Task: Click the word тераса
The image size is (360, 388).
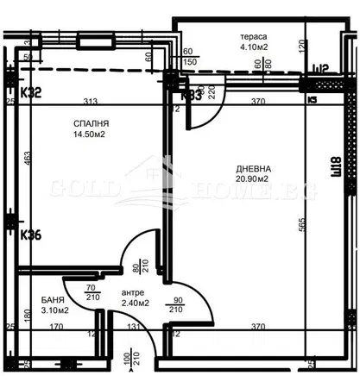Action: (x=252, y=37)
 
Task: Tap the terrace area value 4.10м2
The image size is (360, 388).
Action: (x=254, y=50)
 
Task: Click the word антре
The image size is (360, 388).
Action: (x=109, y=292)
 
